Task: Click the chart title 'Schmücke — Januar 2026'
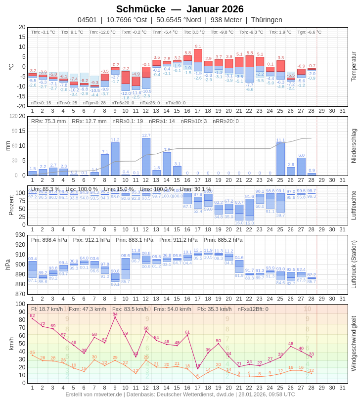[x=180, y=9]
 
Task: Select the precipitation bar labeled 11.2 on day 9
[x=115, y=159]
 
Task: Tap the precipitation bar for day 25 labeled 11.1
[x=280, y=159]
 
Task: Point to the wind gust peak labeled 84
[x=115, y=317]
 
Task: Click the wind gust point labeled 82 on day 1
[x=32, y=318]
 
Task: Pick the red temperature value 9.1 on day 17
[x=198, y=46]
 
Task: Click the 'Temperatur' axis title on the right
[x=354, y=66]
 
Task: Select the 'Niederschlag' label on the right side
[x=354, y=146]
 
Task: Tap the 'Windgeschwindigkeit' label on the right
[x=354, y=343]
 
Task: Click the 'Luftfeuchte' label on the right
[x=354, y=205]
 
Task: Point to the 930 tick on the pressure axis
[x=20, y=235]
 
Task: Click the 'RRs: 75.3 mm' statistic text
[x=48, y=121]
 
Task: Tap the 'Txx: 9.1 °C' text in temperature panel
[x=72, y=32]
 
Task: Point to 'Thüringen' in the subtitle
[x=267, y=20]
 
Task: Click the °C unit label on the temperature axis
[x=11, y=66]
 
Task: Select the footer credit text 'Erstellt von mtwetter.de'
[x=94, y=394]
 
